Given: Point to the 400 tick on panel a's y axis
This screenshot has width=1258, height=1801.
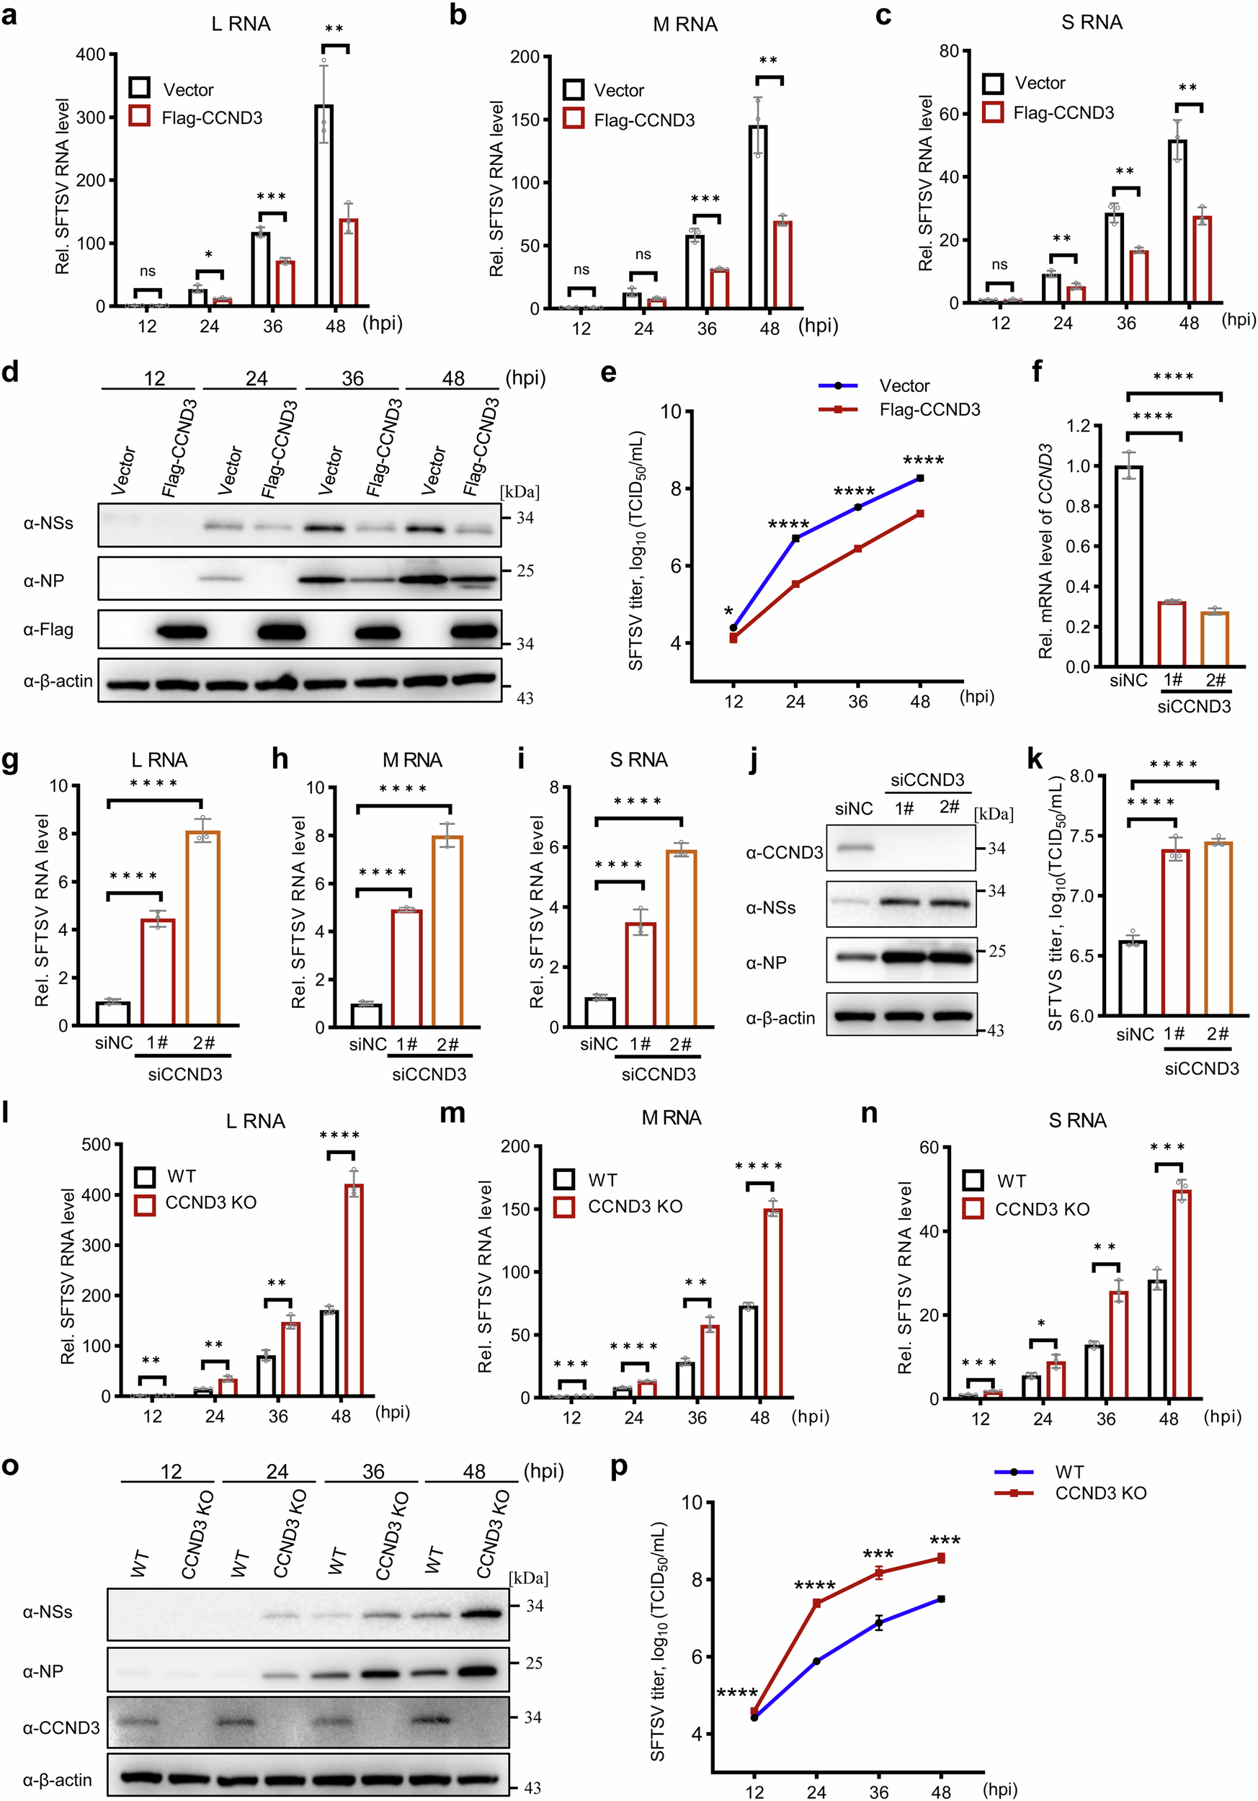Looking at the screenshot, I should coord(90,55).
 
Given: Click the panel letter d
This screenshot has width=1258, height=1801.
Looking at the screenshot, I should coord(10,371).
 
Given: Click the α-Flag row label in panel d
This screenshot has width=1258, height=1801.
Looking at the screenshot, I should coord(48,629).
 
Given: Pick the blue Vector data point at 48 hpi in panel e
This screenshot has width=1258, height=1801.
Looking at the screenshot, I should coord(920,478).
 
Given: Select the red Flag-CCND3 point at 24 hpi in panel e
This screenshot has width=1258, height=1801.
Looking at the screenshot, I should coord(795,584).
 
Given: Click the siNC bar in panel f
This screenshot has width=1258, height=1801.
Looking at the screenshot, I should coord(1128,566).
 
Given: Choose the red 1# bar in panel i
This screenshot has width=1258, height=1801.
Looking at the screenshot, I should coord(640,974).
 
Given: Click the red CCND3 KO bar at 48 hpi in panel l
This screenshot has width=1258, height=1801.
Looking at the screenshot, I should coord(354,1290).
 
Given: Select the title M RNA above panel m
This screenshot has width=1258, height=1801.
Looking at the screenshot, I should coord(672,1118).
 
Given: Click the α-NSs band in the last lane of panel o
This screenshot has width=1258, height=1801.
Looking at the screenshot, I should coord(478,1614).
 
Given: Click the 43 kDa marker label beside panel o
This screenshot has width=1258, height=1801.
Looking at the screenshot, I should coord(532,1789).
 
